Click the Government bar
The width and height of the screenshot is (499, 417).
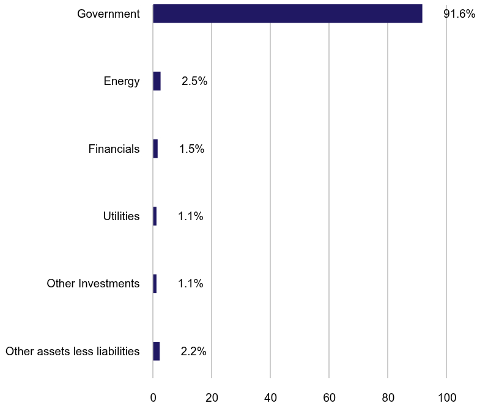pos(287,13)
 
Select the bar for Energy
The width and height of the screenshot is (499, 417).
pos(157,81)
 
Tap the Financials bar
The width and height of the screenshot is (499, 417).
pos(155,149)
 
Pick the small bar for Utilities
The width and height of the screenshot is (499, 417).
pos(155,216)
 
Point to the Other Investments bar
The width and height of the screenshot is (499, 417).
pos(155,284)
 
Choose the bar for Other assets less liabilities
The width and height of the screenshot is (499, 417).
pos(157,351)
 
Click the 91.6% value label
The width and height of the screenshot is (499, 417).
pos(459,13)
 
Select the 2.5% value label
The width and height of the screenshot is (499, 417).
pos(194,81)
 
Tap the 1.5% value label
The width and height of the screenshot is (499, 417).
pos(191,149)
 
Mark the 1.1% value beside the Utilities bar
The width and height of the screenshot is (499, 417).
pos(190,216)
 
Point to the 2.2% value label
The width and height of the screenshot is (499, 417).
pos(193,351)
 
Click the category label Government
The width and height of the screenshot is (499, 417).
pos(108,13)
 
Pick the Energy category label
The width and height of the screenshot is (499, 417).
pos(122,81)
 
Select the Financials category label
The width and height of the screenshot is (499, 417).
pos(114,149)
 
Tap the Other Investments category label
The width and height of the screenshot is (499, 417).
pos(93,284)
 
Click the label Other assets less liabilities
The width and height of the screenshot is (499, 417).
pos(72,351)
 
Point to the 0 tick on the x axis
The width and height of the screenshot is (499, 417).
pos(153,397)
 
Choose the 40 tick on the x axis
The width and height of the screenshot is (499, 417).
pos(270,397)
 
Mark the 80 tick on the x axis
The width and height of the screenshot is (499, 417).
pos(388,397)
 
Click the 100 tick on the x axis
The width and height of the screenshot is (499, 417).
pos(446,397)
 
